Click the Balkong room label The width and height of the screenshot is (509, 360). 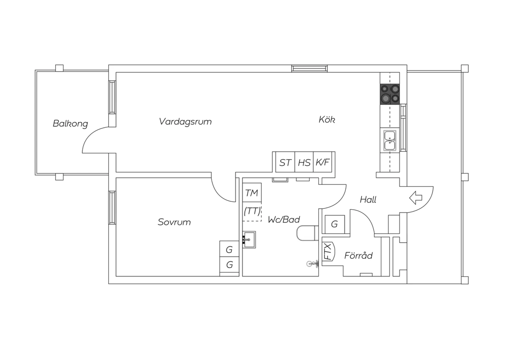pyautogui.click(x=70, y=123)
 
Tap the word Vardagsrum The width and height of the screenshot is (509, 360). pyautogui.click(x=185, y=122)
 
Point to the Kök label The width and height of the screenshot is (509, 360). pyautogui.click(x=327, y=120)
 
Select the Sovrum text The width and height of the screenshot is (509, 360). pyautogui.click(x=174, y=222)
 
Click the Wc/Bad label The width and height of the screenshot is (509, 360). pyautogui.click(x=284, y=220)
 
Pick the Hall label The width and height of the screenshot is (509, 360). pyautogui.click(x=368, y=200)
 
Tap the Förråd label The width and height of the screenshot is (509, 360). pyautogui.click(x=358, y=255)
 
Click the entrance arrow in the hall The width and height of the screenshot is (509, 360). pyautogui.click(x=416, y=198)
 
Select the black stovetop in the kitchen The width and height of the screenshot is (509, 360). pyautogui.click(x=390, y=94)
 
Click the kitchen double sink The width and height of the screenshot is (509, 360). pyautogui.click(x=390, y=140)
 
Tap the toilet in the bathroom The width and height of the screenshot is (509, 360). pyautogui.click(x=306, y=233)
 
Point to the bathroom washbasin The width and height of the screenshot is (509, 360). pyautogui.click(x=249, y=239)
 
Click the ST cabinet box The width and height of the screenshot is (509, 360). pyautogui.click(x=285, y=163)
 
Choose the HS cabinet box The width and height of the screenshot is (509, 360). pyautogui.click(x=304, y=163)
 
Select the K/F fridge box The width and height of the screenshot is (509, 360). pyautogui.click(x=323, y=162)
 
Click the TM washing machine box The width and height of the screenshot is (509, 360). pyautogui.click(x=252, y=193)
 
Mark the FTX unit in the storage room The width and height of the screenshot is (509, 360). pyautogui.click(x=328, y=251)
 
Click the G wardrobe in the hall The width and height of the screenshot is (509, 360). pyautogui.click(x=335, y=224)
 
